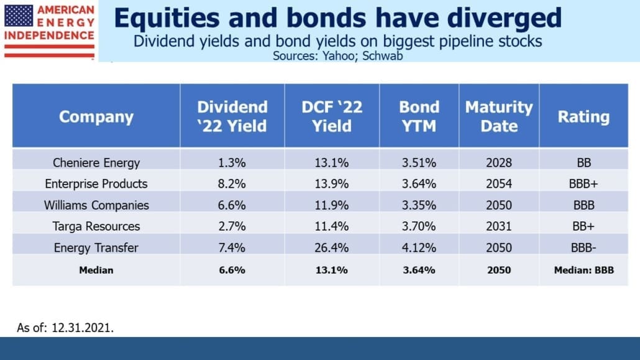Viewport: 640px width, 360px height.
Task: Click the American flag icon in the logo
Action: point(19,16)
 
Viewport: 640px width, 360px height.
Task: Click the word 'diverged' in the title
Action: point(504,19)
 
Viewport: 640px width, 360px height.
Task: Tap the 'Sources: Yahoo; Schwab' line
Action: point(337,55)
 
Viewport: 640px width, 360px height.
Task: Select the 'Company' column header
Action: point(96,117)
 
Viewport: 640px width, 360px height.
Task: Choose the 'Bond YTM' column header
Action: point(419,116)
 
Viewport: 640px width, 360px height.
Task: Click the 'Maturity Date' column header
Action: point(499,116)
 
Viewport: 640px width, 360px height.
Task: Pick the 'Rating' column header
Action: point(583,117)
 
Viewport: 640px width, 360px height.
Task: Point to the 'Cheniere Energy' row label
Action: point(96,163)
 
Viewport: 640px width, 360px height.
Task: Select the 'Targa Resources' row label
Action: point(96,226)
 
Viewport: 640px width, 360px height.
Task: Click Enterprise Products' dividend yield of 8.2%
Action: point(232,184)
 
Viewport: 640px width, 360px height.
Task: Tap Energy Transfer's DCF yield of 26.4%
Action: point(331,247)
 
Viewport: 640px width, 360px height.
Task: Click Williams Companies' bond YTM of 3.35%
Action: point(419,205)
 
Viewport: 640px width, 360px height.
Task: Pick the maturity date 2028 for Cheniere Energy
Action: point(499,163)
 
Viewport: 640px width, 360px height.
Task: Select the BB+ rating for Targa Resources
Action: point(583,226)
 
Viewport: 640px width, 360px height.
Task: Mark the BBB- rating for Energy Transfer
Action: point(583,247)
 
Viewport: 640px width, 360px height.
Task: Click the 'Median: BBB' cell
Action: point(583,270)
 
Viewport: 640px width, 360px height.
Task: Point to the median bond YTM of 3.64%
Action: point(419,270)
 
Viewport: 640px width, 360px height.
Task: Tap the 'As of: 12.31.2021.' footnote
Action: point(65,328)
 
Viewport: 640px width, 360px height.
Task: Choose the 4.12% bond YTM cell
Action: point(419,247)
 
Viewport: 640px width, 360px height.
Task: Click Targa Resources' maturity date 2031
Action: point(499,226)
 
